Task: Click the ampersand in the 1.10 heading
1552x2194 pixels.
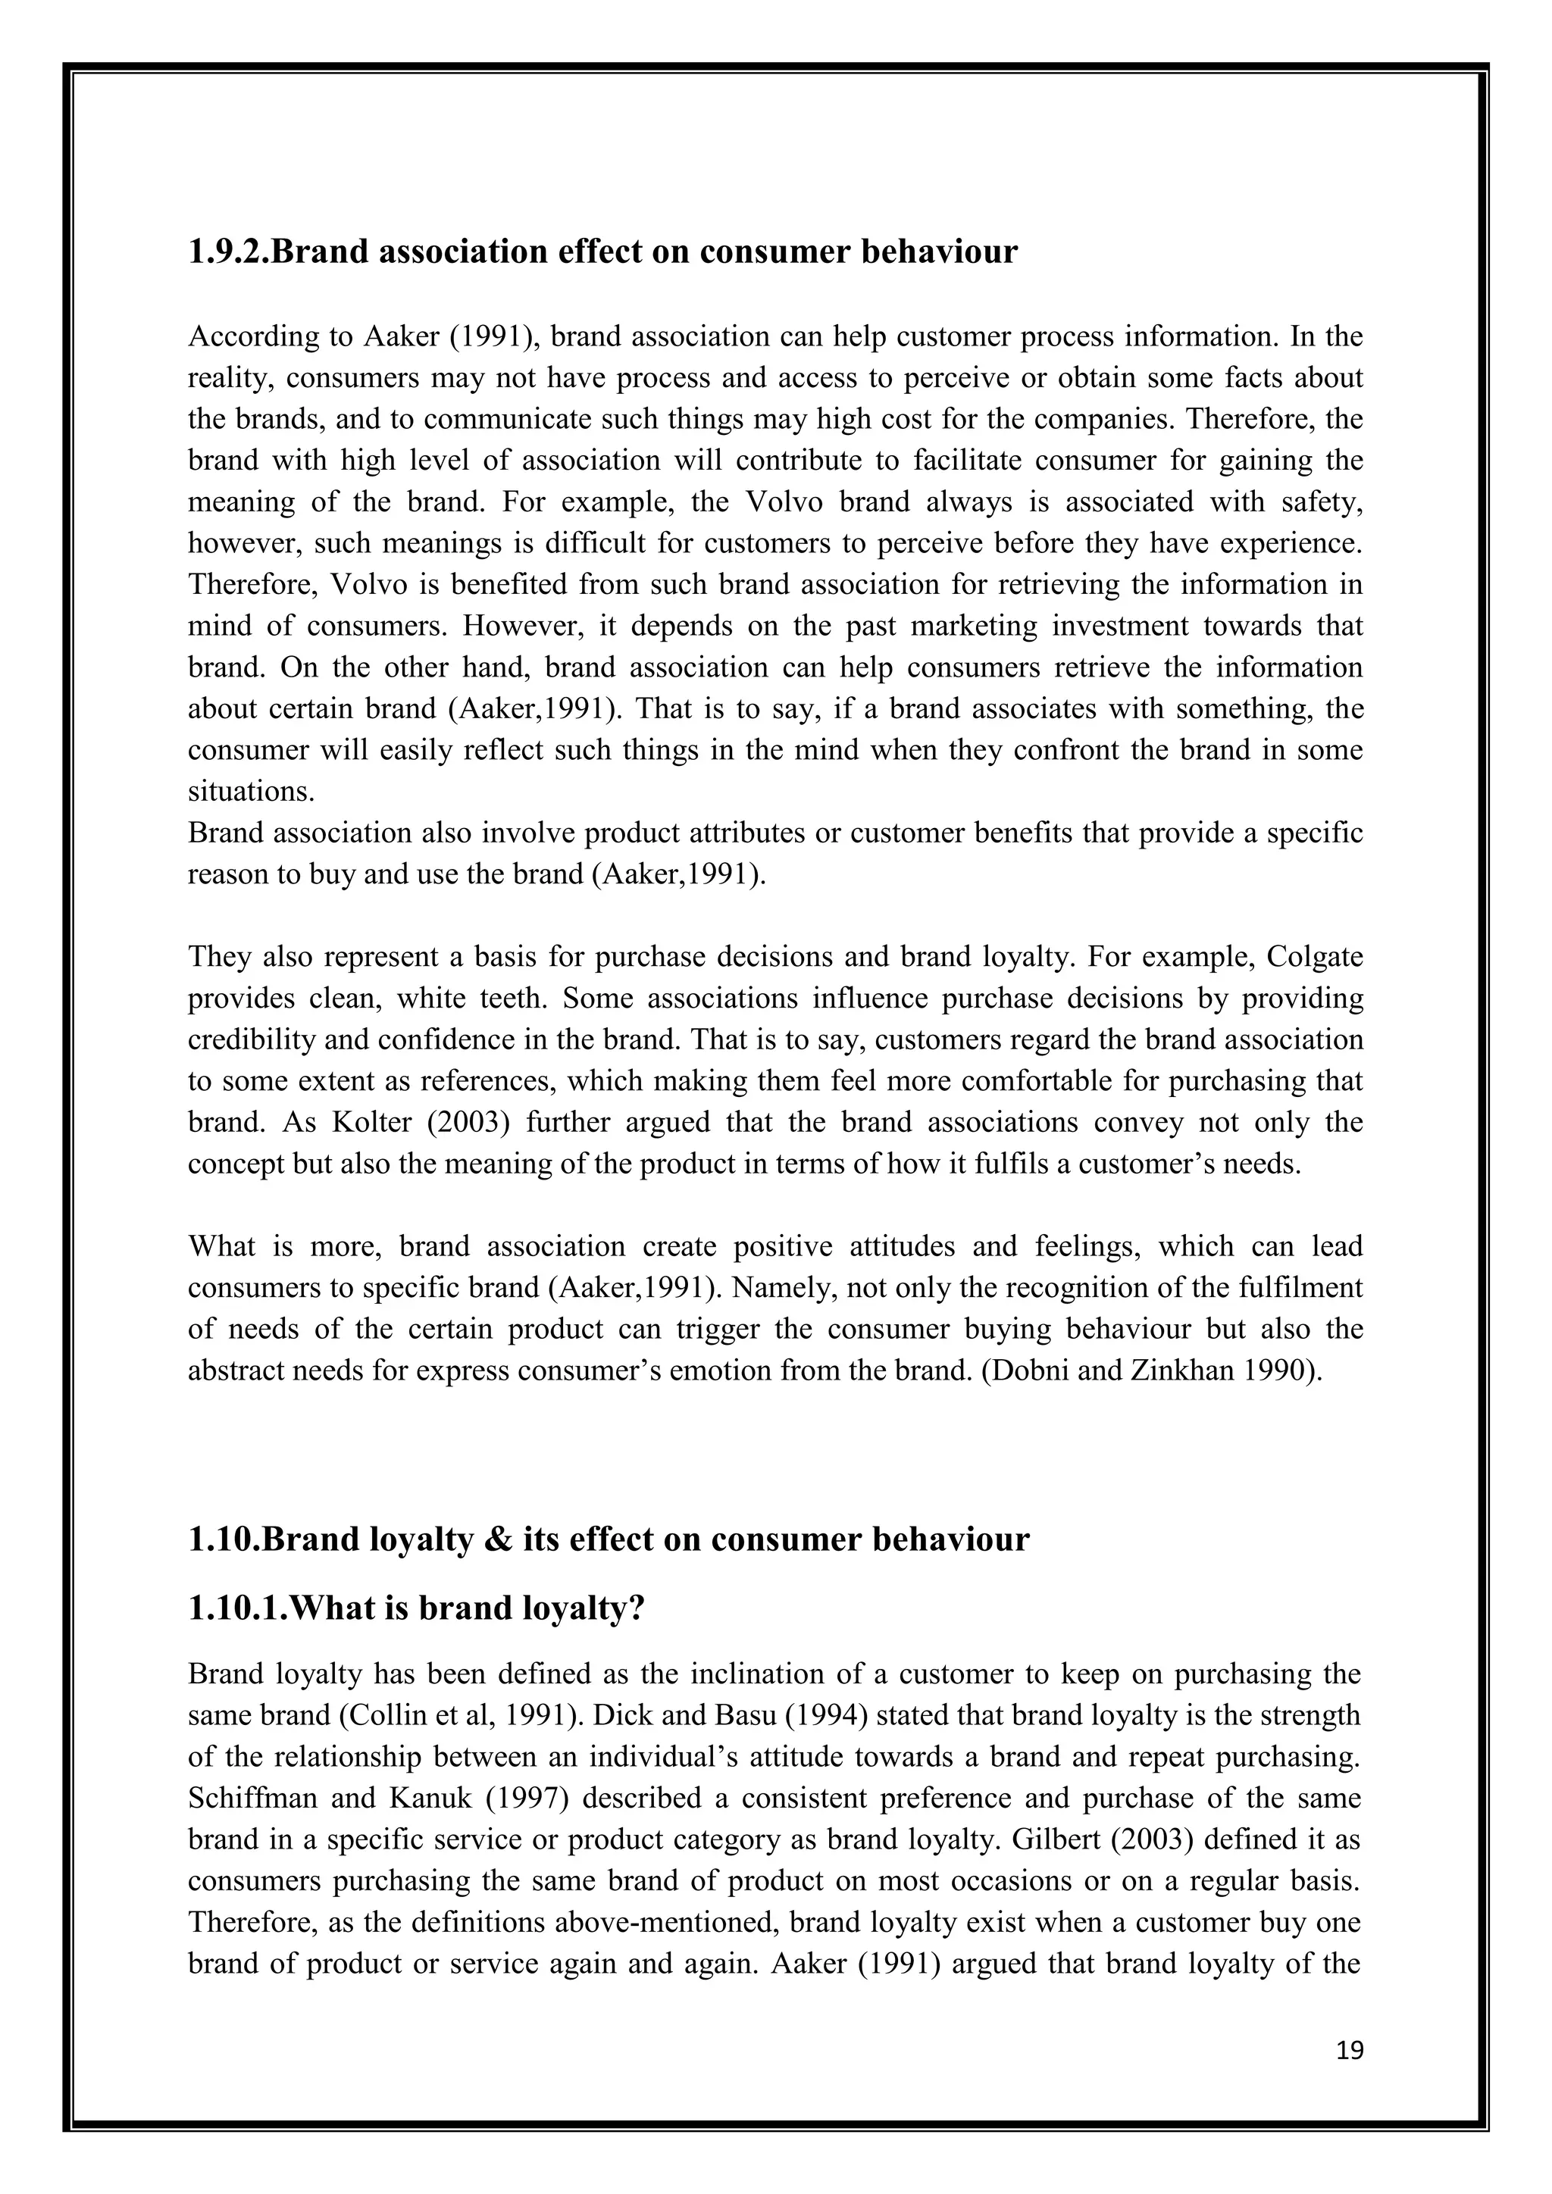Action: (x=498, y=1539)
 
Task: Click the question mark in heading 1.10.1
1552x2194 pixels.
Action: (x=636, y=1608)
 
